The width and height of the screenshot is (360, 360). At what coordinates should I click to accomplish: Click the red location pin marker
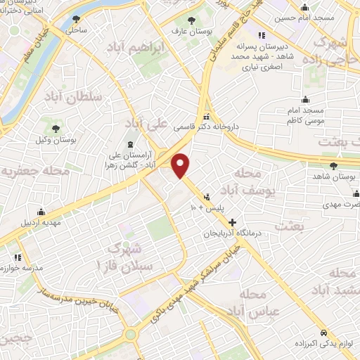(x=181, y=165)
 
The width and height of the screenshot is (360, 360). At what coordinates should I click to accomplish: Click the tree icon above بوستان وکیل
(x=55, y=128)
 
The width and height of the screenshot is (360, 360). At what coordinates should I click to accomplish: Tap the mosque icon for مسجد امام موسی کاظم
(x=304, y=98)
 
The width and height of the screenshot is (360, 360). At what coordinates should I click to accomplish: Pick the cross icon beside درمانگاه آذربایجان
(x=233, y=222)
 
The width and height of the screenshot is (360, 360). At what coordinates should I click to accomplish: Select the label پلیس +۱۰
(x=209, y=209)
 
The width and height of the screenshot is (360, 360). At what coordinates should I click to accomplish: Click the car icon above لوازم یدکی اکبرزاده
(x=323, y=332)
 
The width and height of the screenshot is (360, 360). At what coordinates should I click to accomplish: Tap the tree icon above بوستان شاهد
(x=334, y=166)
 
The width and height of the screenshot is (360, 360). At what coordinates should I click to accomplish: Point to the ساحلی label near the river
(x=76, y=30)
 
